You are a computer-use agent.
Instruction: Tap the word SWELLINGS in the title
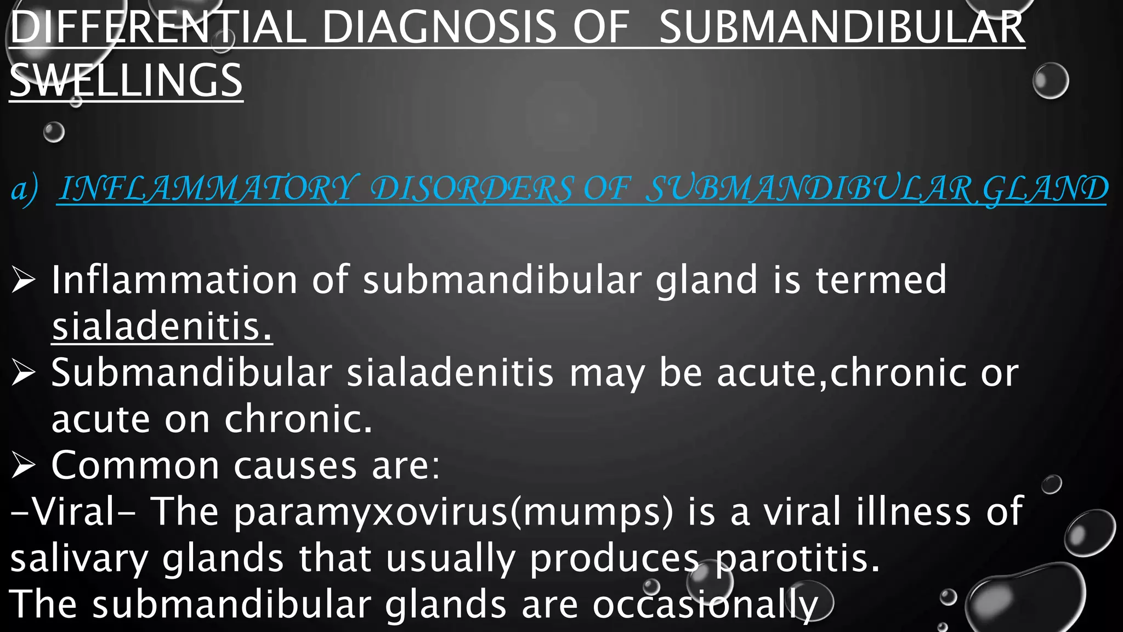(x=126, y=81)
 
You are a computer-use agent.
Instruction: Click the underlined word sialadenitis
(x=162, y=327)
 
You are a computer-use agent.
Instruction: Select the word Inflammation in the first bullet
(x=174, y=280)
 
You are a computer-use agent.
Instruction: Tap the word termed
(x=881, y=280)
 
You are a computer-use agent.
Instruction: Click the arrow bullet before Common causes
(x=24, y=465)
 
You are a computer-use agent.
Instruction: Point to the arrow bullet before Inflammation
(x=24, y=280)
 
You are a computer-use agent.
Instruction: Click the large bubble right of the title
(x=1050, y=81)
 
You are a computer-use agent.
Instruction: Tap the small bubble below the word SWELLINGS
(x=54, y=132)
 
